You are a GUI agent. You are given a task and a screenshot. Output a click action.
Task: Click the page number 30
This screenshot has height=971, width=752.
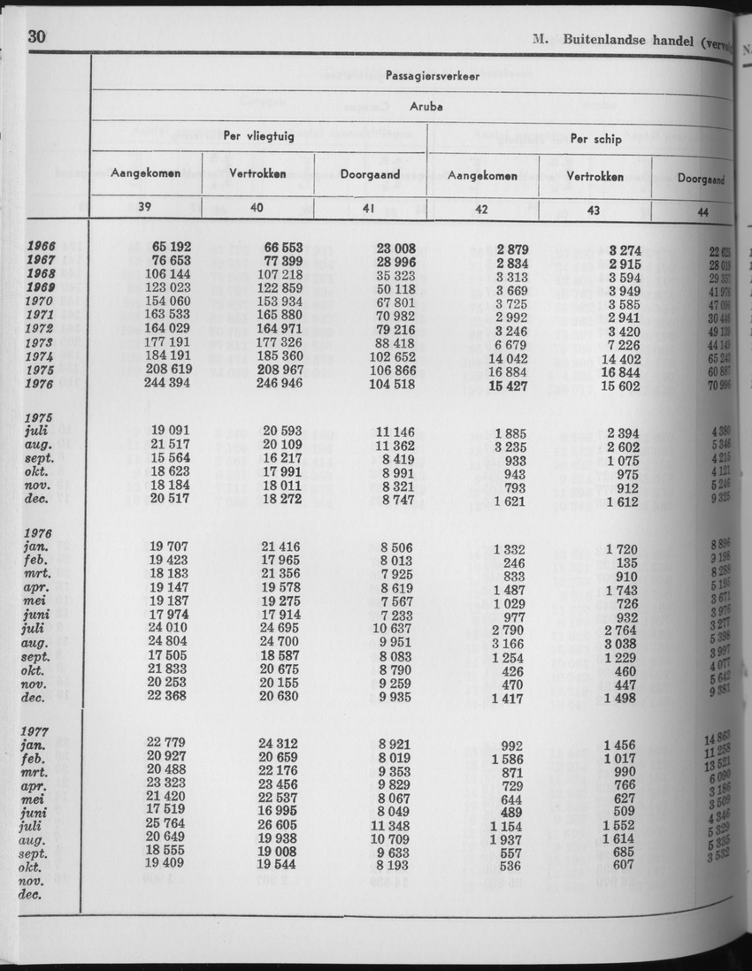(37, 36)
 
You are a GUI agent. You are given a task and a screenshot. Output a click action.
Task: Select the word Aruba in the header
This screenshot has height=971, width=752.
(426, 105)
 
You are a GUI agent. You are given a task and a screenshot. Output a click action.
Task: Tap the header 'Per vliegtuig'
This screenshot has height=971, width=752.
(257, 137)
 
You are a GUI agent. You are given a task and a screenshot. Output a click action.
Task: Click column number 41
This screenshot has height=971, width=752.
(371, 210)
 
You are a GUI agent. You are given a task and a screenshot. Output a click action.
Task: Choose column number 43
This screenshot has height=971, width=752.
(595, 210)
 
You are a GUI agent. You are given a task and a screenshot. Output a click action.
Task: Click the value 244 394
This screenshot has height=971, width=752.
(169, 383)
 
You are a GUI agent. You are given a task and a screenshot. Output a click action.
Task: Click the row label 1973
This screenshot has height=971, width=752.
(41, 341)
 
